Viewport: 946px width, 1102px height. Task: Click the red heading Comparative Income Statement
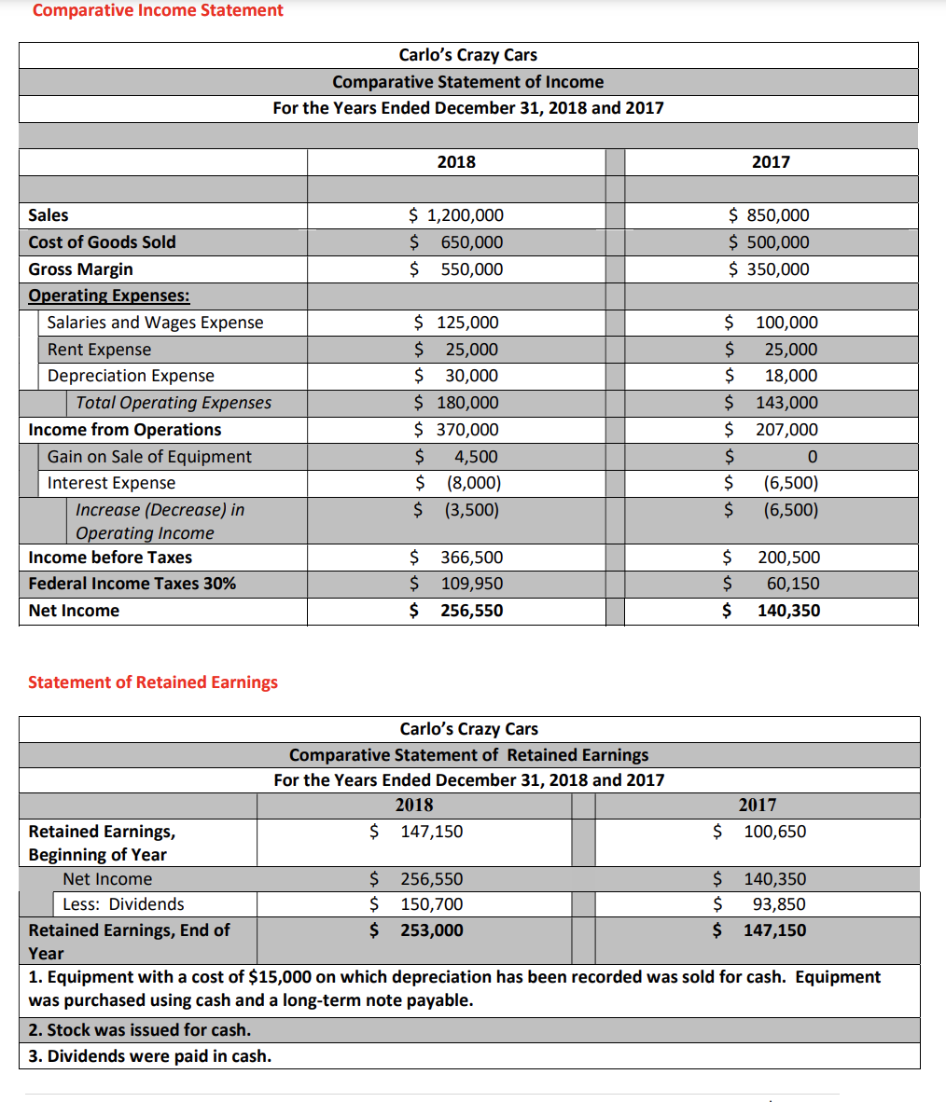158,10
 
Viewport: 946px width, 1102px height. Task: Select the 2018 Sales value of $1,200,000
456,215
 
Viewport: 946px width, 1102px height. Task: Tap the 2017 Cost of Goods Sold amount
769,242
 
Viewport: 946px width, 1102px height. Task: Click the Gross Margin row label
80,269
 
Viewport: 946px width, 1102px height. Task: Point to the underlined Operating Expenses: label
109,296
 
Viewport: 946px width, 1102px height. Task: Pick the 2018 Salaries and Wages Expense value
456,323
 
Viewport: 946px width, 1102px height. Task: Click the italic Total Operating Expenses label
174,403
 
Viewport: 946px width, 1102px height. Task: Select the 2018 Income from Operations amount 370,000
456,430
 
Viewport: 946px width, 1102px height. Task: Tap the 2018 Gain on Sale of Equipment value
475,457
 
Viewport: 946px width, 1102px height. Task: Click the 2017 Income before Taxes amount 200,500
788,558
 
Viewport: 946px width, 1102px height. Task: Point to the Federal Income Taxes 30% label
132,584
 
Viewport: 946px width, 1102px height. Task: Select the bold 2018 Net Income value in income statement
471,611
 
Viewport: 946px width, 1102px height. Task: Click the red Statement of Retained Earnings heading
153,682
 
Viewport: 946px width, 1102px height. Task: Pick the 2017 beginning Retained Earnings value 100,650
774,832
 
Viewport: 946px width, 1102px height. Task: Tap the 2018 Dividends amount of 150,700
431,904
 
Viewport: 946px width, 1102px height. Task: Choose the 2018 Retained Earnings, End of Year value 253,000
431,930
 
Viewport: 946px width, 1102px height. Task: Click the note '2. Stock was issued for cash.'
139,1030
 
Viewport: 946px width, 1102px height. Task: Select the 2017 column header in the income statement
771,162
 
